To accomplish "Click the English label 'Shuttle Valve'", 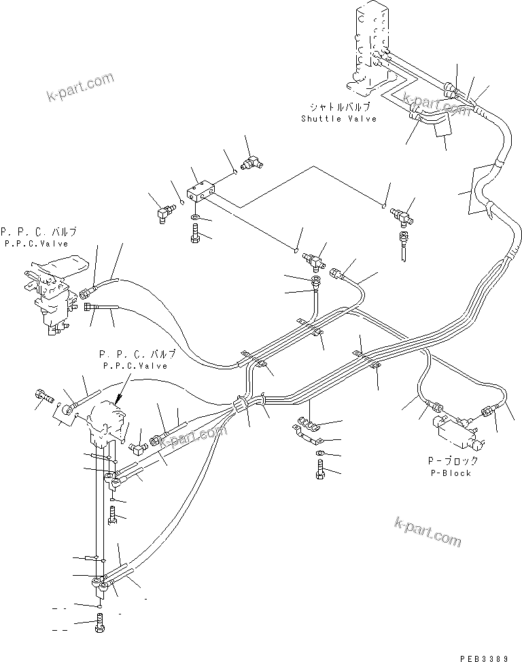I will [x=339, y=119].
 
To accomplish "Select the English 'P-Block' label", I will [x=451, y=473].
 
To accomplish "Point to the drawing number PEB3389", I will [x=489, y=657].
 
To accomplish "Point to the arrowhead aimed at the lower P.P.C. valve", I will [x=118, y=401].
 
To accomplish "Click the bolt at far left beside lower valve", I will [x=43, y=397].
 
